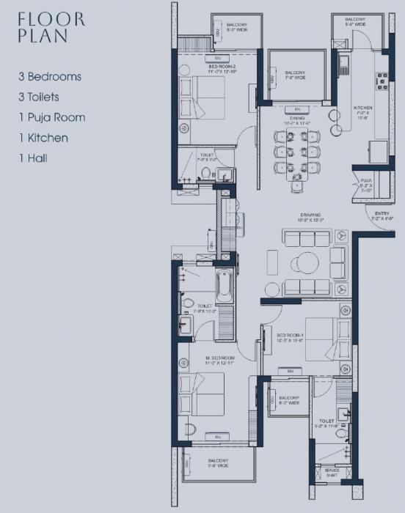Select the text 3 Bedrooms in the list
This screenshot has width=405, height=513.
(51, 76)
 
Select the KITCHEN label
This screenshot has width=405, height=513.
(363, 111)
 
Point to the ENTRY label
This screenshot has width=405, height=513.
(381, 215)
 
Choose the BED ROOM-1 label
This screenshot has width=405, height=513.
(291, 336)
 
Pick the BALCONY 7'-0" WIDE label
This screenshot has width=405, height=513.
(294, 75)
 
